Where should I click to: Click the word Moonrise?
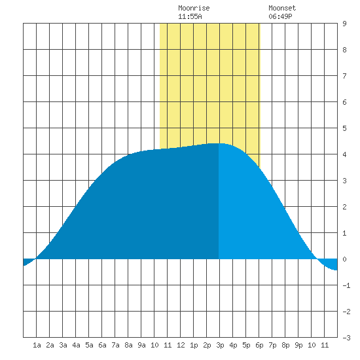[x=194, y=8]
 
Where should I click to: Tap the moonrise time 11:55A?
[x=190, y=16]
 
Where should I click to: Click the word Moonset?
[x=282, y=8]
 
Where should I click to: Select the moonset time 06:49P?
[x=280, y=16]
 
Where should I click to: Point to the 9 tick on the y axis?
[x=344, y=24]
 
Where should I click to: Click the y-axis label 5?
[x=344, y=128]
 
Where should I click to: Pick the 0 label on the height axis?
[x=344, y=259]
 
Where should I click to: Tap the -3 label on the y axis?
[x=346, y=338]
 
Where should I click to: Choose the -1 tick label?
[x=346, y=285]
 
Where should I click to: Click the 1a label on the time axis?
[x=37, y=345]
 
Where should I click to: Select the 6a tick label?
[x=102, y=345]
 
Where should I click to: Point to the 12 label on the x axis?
[x=181, y=345]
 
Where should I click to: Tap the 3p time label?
[x=220, y=345]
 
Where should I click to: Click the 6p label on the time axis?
[x=259, y=345]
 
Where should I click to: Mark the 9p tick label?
[x=298, y=345]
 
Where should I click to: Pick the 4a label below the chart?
[x=76, y=345]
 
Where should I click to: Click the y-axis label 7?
[x=344, y=76]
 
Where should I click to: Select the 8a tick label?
[x=128, y=345]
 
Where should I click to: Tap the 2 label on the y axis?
[x=344, y=207]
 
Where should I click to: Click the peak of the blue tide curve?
[x=217, y=143]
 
